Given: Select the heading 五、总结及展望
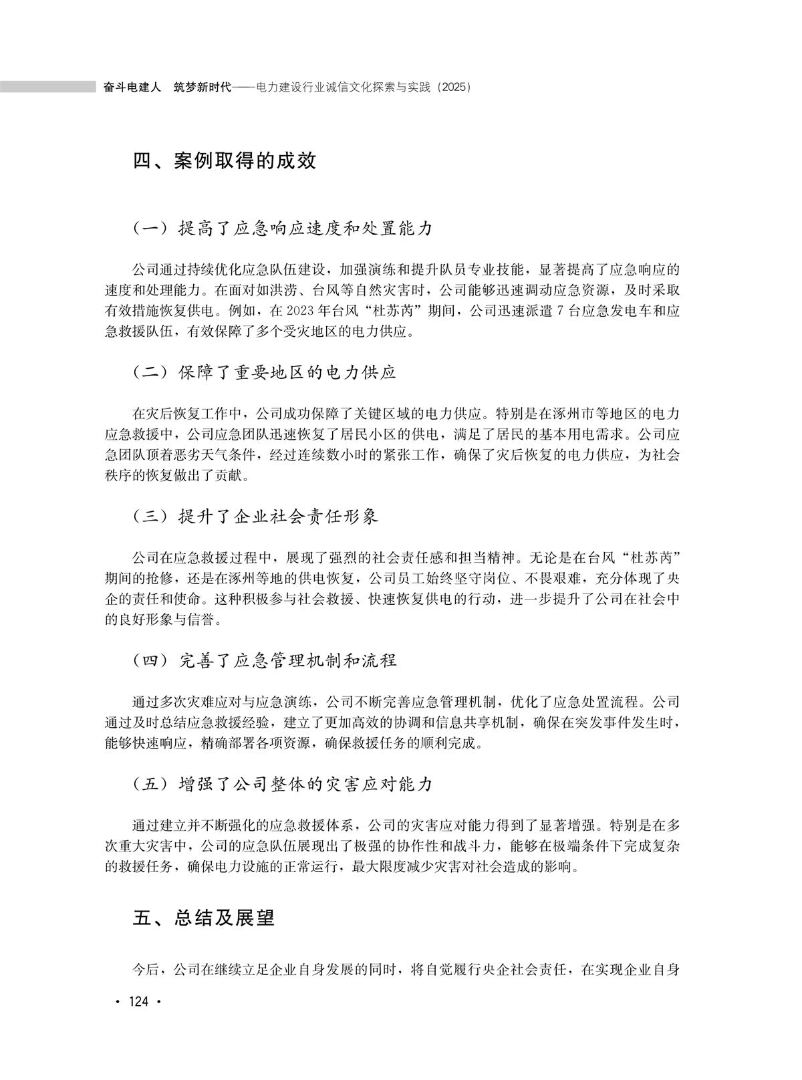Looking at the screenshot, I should click(x=204, y=918).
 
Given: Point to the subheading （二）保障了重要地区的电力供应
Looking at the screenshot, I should click(x=265, y=372).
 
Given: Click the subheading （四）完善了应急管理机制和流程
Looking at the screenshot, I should click(x=265, y=661).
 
